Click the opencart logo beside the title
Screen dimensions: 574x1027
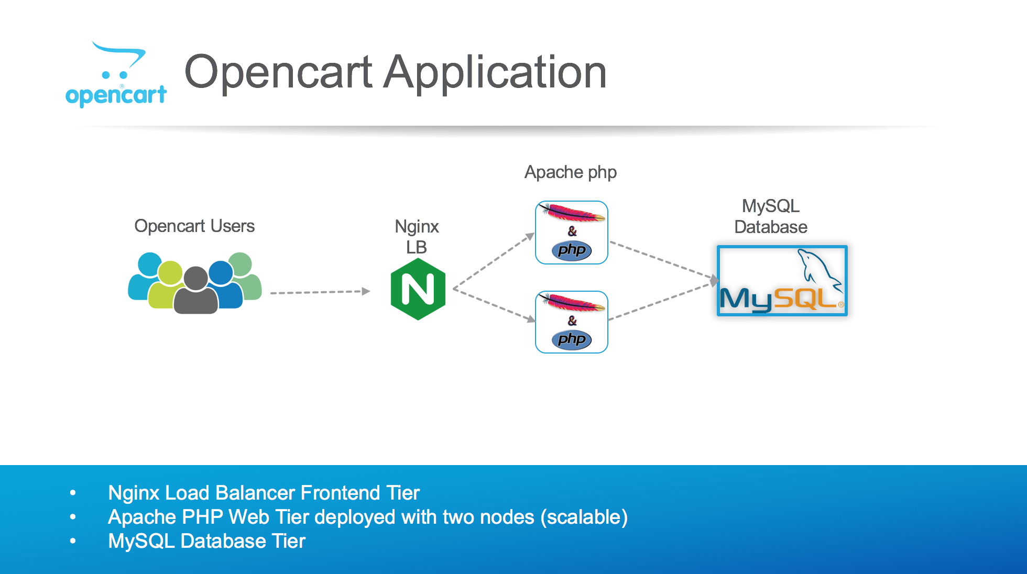(116, 75)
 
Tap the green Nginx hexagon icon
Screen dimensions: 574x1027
(418, 289)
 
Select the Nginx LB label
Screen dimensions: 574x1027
(417, 237)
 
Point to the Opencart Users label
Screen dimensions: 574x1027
(194, 226)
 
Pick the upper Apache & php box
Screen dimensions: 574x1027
(572, 233)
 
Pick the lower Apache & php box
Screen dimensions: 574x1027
(572, 322)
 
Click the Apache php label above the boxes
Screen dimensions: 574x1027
(571, 172)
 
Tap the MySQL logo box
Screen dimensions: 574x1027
(782, 281)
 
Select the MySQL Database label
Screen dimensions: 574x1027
(771, 216)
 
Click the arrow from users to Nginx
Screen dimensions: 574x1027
(320, 292)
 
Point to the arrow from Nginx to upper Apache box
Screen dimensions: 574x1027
(494, 261)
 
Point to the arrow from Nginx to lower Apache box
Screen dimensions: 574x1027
(494, 304)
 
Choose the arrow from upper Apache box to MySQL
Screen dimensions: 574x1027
(663, 260)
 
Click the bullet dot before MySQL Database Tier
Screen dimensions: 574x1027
(73, 541)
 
